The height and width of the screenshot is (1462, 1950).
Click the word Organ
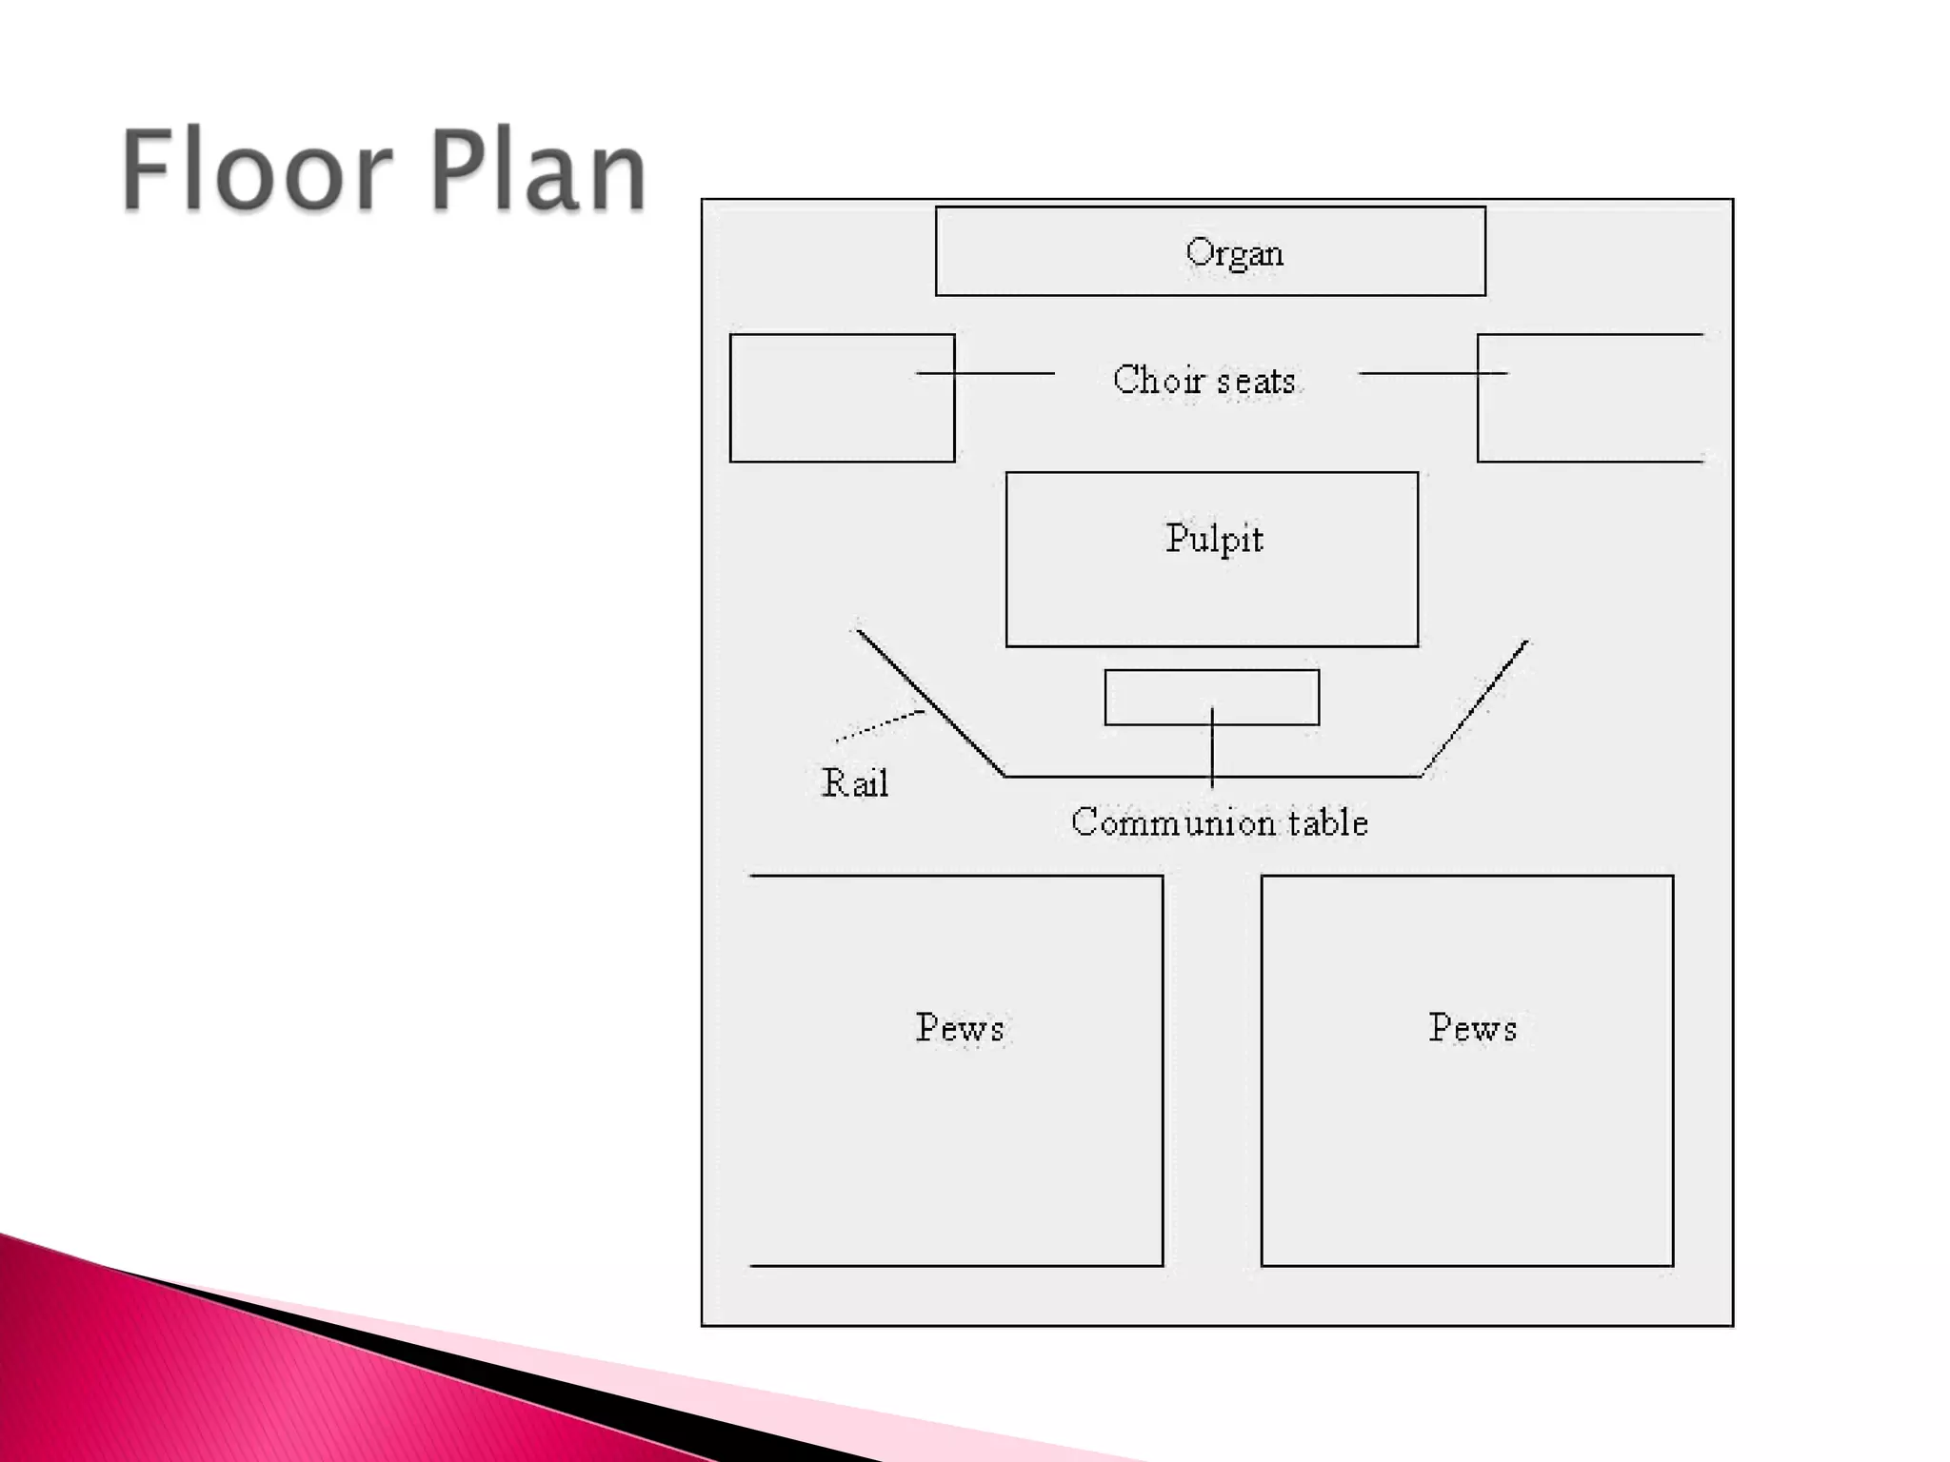[x=1234, y=254]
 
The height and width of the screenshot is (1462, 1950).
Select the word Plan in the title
[x=539, y=171]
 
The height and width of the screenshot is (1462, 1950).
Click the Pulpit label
[x=1214, y=540]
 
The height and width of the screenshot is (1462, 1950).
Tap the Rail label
[x=854, y=783]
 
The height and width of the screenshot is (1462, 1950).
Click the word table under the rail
[x=1328, y=822]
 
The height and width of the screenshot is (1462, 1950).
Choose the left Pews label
[x=960, y=1028]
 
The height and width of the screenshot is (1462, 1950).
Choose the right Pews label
[x=1472, y=1028]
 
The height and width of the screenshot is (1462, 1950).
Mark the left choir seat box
[x=842, y=419]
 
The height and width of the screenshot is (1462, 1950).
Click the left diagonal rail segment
[x=930, y=702]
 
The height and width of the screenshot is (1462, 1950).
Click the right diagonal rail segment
[x=1475, y=708]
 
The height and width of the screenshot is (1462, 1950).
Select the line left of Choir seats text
[x=985, y=373]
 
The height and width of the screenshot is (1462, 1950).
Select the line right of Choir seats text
[x=1432, y=373]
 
